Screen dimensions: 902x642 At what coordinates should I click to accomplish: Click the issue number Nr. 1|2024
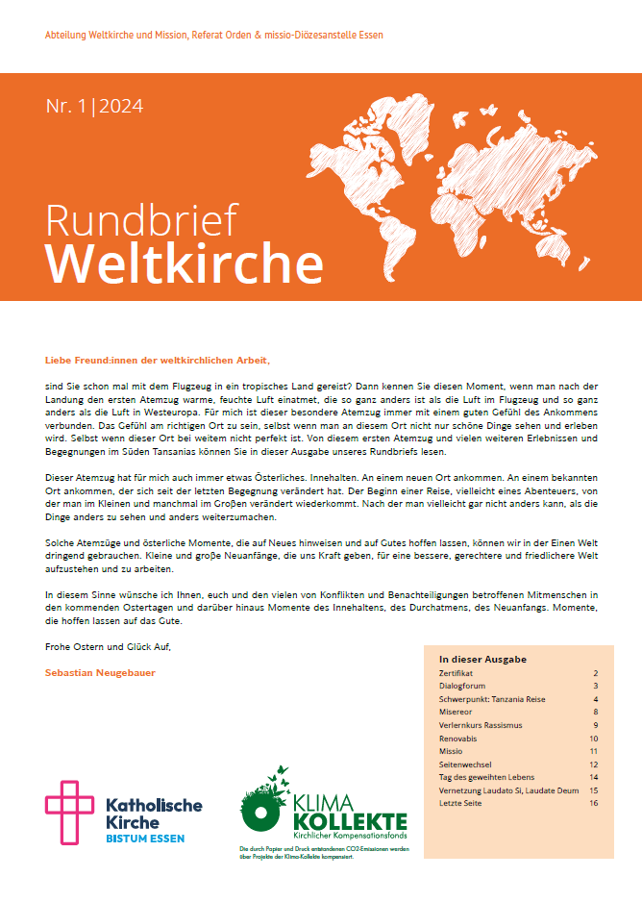[x=94, y=107]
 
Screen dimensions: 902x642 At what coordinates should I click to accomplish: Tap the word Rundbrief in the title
[x=141, y=220]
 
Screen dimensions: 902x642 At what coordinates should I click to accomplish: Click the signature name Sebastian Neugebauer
[x=100, y=672]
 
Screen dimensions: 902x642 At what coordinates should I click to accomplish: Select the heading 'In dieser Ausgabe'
[x=482, y=660]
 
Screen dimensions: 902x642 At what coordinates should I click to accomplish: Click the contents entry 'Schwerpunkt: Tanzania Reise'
[x=492, y=699]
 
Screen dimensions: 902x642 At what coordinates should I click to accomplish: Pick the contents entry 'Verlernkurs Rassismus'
[x=479, y=725]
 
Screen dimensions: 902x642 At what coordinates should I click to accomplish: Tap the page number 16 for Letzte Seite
[x=594, y=803]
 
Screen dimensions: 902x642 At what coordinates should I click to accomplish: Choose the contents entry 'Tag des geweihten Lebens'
[x=486, y=777]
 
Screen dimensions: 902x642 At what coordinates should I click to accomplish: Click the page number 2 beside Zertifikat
[x=596, y=674]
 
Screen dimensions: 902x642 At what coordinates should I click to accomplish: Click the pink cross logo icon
[x=69, y=813]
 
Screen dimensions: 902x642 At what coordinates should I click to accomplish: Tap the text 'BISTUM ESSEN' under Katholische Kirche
[x=144, y=839]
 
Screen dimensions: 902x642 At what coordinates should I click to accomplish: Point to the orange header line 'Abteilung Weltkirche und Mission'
[x=213, y=36]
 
